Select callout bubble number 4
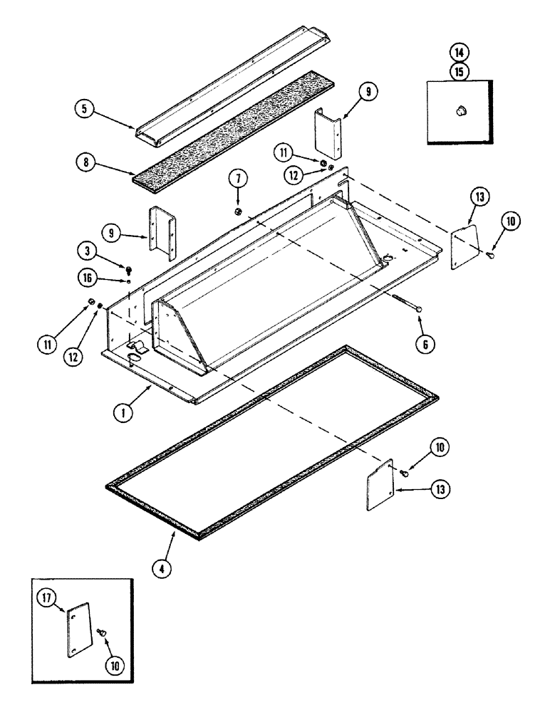pos(166,570)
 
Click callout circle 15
pos(458,71)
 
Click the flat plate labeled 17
pos(80,629)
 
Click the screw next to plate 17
pos(103,632)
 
